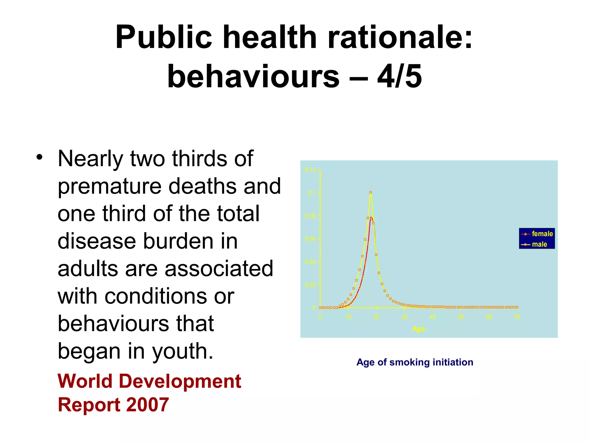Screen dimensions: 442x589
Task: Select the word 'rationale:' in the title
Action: (x=400, y=37)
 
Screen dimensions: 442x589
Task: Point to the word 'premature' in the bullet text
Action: (x=109, y=186)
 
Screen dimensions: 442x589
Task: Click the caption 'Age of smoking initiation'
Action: (x=415, y=362)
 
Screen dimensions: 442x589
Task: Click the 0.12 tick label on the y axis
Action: (x=310, y=170)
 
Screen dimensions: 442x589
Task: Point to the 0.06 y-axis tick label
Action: (x=310, y=239)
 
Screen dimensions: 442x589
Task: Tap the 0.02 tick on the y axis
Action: (x=310, y=285)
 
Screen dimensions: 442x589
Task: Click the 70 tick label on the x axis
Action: (x=517, y=317)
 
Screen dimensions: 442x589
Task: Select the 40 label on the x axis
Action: (x=433, y=317)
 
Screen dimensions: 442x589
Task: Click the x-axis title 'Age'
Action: (x=418, y=329)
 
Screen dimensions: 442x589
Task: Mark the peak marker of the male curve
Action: (x=371, y=192)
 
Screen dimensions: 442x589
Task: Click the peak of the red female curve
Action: (x=371, y=217)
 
